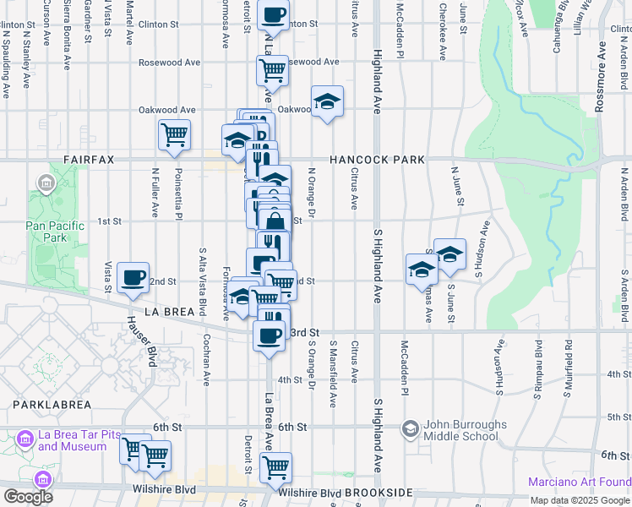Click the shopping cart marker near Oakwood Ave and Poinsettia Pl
(x=174, y=134)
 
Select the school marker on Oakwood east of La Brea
(x=327, y=101)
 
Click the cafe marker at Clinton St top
(x=273, y=14)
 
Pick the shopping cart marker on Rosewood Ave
(x=272, y=70)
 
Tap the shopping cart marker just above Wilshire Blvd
(x=275, y=466)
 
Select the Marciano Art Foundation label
(x=580, y=482)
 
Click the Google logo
(x=28, y=497)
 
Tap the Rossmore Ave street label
(x=602, y=67)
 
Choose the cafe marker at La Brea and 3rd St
(x=269, y=335)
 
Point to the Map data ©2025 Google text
(x=580, y=500)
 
